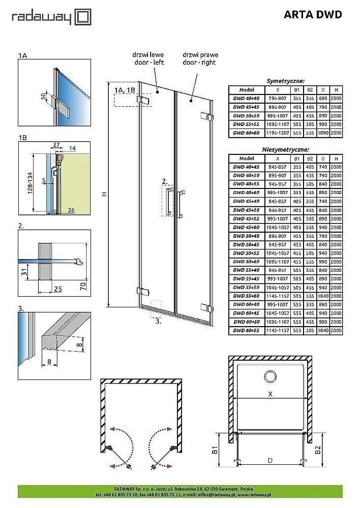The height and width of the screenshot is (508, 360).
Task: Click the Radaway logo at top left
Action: point(51,18)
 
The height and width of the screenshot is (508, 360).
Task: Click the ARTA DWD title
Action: point(312,15)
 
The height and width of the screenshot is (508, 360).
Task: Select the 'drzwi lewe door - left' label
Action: point(147,58)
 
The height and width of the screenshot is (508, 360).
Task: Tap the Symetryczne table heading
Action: point(285,80)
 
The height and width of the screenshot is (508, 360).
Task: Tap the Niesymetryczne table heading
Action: point(285,150)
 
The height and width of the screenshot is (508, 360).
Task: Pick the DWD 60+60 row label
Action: point(246,133)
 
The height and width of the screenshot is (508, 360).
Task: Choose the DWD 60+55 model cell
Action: point(246,330)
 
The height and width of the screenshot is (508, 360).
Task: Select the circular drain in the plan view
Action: point(269,376)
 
